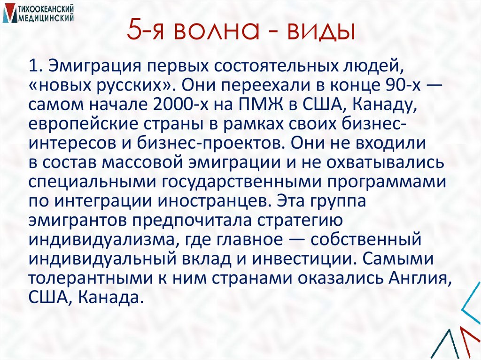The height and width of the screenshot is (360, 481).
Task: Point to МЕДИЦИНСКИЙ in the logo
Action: tap(47, 18)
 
